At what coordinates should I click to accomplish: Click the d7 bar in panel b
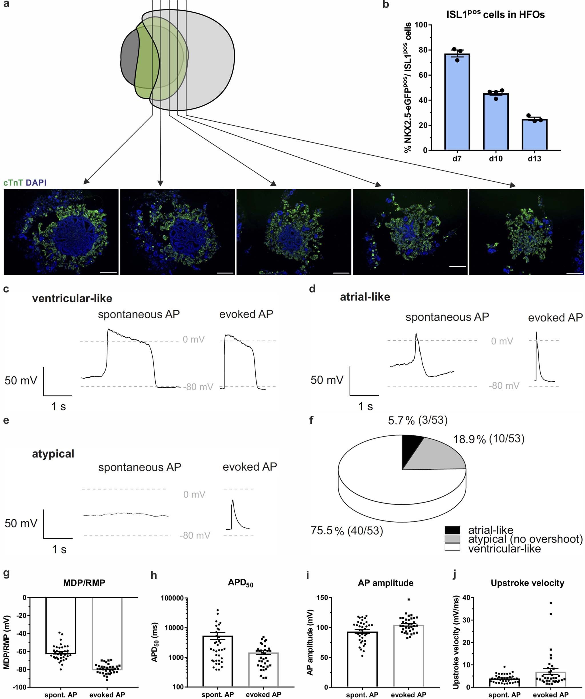click(457, 103)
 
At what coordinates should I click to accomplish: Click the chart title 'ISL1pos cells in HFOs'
click(495, 14)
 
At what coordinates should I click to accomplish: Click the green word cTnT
click(13, 182)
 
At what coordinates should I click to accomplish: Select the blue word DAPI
click(36, 182)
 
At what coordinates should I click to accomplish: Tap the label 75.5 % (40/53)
click(346, 531)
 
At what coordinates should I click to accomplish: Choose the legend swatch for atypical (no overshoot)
click(452, 539)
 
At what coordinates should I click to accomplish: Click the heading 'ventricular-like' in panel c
click(72, 298)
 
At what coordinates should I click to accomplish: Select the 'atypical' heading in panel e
click(53, 454)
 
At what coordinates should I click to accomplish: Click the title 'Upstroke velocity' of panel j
click(527, 583)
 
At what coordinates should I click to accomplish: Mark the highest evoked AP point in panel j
click(551, 603)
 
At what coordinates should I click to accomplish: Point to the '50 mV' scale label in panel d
click(326, 380)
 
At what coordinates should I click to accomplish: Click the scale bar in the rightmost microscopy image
click(574, 273)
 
